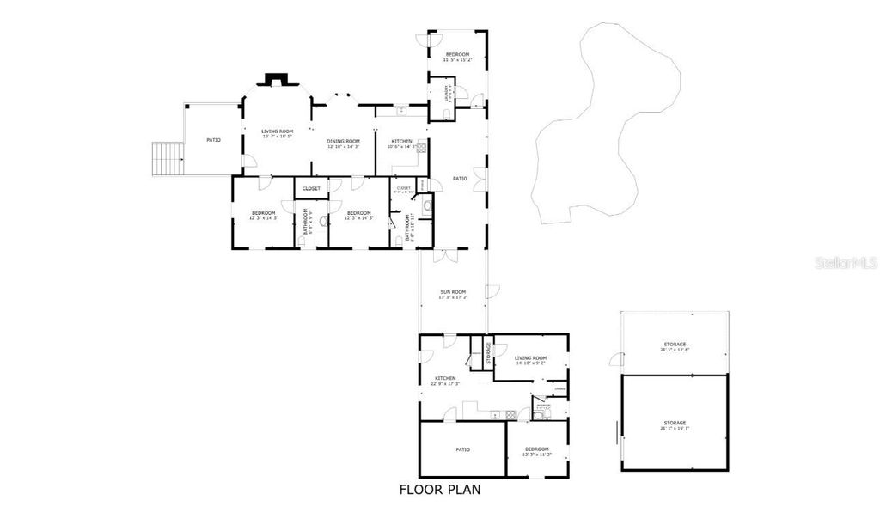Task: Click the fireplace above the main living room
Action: tap(277, 80)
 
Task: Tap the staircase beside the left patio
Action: tap(168, 157)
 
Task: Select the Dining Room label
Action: tap(343, 143)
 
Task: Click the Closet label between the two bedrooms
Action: tap(311, 188)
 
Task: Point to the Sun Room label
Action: tap(454, 295)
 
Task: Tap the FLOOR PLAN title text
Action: tap(439, 490)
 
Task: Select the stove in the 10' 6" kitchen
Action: tap(422, 147)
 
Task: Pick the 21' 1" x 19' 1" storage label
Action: tap(675, 424)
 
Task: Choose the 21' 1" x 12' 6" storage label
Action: tap(675, 346)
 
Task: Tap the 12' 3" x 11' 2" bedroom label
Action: tap(537, 451)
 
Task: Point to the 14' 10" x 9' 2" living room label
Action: tap(531, 360)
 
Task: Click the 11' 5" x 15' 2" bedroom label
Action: tap(457, 57)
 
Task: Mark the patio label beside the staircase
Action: tap(213, 139)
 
